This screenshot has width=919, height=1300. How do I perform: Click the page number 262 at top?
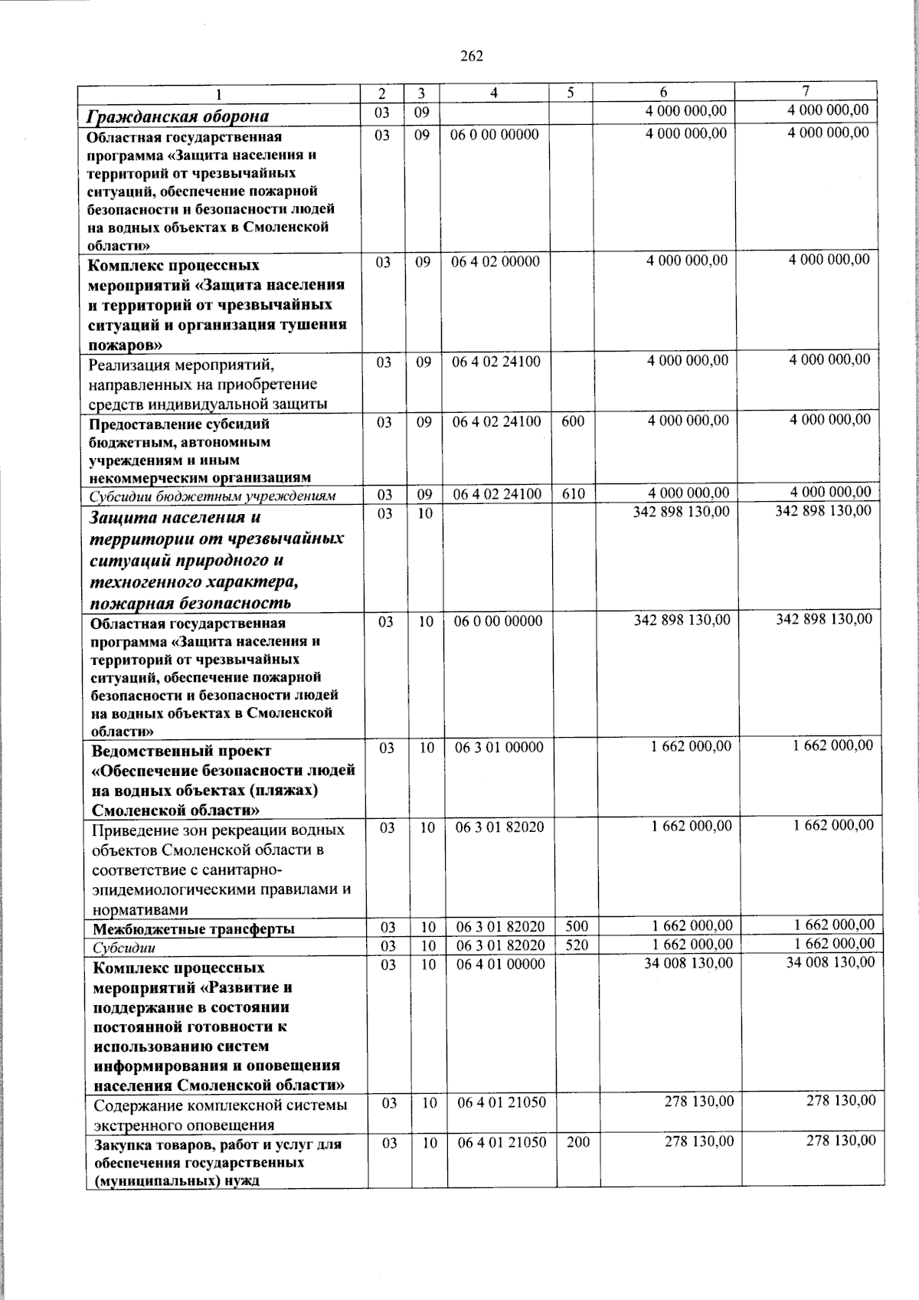[472, 56]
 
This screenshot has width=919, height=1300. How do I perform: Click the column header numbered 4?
[494, 93]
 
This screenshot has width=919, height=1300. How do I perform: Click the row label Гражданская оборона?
[178, 116]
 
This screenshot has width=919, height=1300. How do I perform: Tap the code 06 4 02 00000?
[495, 261]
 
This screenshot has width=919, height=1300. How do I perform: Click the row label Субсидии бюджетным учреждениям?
[213, 496]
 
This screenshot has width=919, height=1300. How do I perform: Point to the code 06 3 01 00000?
[499, 748]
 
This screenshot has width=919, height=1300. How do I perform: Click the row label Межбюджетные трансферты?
[193, 929]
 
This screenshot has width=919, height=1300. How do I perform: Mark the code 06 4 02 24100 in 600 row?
[496, 421]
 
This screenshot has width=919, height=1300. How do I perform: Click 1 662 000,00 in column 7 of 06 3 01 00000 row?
[833, 745]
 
